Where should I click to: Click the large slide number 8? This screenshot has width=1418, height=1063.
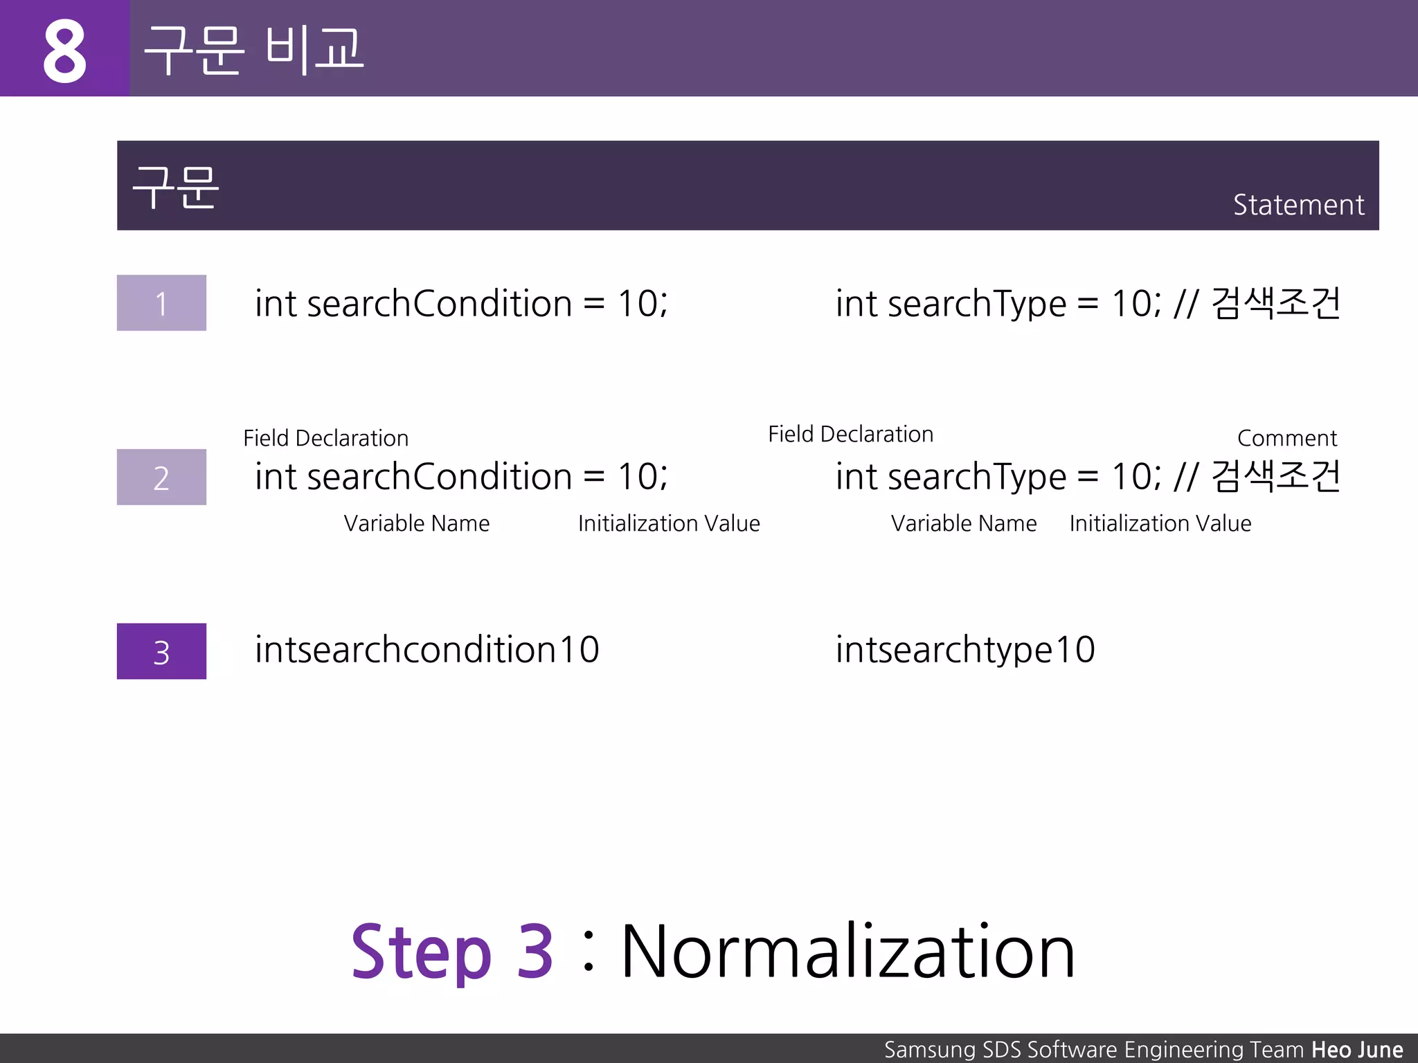tap(64, 51)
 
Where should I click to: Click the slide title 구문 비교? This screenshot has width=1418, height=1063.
tap(253, 49)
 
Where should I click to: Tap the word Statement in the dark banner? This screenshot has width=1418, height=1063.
tap(1298, 205)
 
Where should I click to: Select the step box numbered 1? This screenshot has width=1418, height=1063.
tap(161, 303)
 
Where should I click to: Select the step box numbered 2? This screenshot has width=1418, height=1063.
tap(161, 478)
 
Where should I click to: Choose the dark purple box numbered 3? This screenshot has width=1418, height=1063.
tap(161, 651)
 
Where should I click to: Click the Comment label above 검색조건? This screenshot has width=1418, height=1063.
tap(1286, 438)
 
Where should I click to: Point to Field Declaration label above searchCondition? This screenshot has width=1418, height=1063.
tap(325, 438)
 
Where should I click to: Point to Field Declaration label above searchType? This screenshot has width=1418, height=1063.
tap(850, 434)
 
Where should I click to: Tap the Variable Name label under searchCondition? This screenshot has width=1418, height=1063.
tap(416, 523)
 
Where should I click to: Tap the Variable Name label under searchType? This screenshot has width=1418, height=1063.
tap(964, 523)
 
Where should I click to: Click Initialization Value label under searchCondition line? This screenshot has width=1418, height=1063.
tap(669, 523)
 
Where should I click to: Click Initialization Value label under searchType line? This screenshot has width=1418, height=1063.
tap(1160, 523)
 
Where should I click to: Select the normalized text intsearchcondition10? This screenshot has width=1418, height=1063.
tap(427, 650)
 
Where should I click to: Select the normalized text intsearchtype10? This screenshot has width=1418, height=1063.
tap(965, 650)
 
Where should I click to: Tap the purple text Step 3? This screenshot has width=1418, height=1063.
tap(451, 952)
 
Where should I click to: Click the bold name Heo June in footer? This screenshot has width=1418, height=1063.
tap(1357, 1049)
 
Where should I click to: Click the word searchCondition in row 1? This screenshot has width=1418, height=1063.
tap(439, 303)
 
